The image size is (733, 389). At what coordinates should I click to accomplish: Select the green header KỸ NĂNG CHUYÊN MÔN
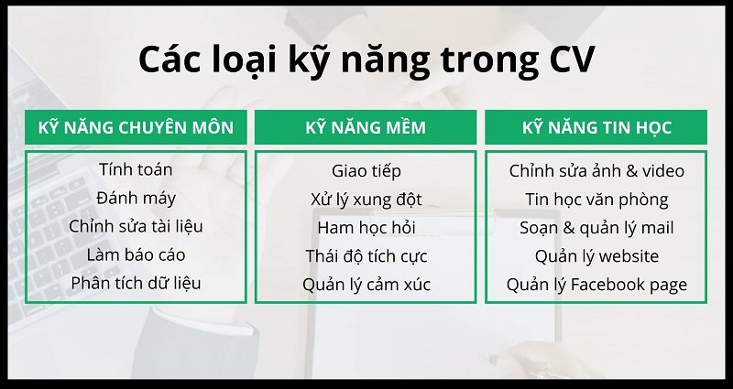click(136, 127)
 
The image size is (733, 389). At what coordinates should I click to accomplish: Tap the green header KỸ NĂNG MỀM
click(366, 127)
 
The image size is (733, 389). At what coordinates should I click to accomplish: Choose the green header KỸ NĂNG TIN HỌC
click(596, 127)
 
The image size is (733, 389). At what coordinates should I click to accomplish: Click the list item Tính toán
click(136, 169)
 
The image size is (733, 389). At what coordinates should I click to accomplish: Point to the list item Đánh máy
click(136, 198)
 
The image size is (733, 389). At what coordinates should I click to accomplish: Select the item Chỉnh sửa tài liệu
click(136, 226)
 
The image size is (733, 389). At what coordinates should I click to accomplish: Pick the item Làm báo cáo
click(136, 254)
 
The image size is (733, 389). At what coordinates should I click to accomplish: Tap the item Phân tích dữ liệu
click(136, 283)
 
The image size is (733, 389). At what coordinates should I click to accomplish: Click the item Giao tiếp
click(366, 171)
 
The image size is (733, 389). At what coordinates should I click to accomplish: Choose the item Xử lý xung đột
click(366, 200)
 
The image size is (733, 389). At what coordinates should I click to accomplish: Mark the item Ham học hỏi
click(366, 228)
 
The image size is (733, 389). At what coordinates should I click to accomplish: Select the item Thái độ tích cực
click(366, 256)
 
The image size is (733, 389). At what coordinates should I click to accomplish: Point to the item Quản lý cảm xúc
click(366, 285)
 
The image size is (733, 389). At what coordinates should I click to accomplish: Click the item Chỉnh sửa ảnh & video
click(596, 171)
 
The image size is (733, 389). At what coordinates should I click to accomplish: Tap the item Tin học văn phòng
click(596, 200)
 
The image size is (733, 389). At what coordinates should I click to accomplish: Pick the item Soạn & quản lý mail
click(596, 228)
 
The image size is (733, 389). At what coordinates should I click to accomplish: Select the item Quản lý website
click(596, 256)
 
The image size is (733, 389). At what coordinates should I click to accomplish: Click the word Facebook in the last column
click(607, 285)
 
